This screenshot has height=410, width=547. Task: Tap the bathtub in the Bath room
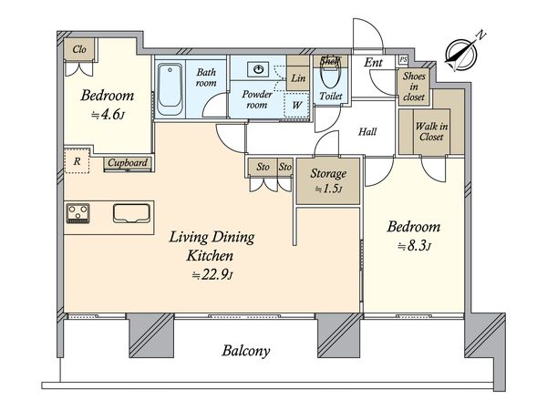pyautogui.click(x=170, y=89)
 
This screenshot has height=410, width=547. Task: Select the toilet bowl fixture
pyautogui.click(x=330, y=77)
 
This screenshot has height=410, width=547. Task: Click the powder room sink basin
pyautogui.click(x=258, y=69)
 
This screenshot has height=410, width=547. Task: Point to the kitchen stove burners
pyautogui.click(x=78, y=213)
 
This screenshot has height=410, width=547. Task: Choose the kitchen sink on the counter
pyautogui.click(x=131, y=213)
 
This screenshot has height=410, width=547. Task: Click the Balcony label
pyautogui.click(x=246, y=351)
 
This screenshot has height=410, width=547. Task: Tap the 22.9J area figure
pyautogui.click(x=212, y=275)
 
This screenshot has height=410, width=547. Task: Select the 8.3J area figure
pyautogui.click(x=414, y=247)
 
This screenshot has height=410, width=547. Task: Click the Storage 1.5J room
pyautogui.click(x=328, y=181)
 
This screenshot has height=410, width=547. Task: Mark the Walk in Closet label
pyautogui.click(x=431, y=131)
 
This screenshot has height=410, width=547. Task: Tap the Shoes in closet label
pyautogui.click(x=414, y=87)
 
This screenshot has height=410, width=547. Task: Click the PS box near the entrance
pyautogui.click(x=403, y=59)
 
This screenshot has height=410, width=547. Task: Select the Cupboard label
pyautogui.click(x=128, y=162)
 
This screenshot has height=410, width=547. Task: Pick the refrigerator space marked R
pyautogui.click(x=77, y=161)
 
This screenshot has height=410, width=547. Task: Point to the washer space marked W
pyautogui.click(x=296, y=105)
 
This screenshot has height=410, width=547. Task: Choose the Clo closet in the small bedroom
pyautogui.click(x=79, y=49)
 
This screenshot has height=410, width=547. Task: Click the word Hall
pyautogui.click(x=367, y=131)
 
